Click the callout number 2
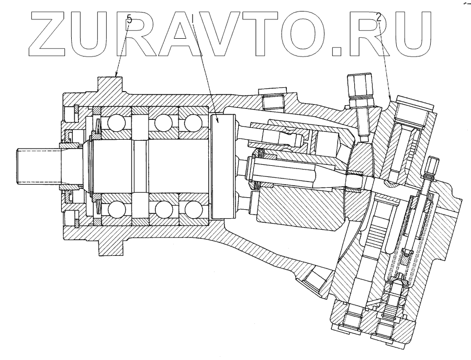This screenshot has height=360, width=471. tap(378, 17)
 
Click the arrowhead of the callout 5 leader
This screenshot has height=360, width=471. tap(116, 76)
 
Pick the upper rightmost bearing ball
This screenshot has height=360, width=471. tap(192, 121)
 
